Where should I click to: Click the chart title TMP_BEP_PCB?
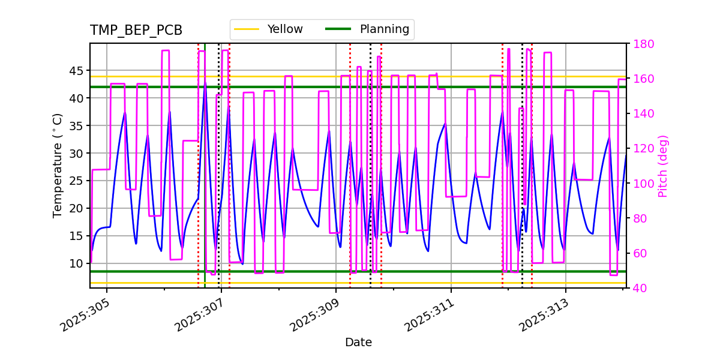pyautogui.click(x=136, y=31)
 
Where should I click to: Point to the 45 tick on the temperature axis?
pyautogui.click(x=77, y=71)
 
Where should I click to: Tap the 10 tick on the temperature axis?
pyautogui.click(x=77, y=263)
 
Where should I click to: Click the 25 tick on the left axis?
pyautogui.click(x=77, y=181)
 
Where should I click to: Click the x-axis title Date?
pyautogui.click(x=358, y=343)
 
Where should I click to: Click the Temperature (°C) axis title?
pyautogui.click(x=58, y=165)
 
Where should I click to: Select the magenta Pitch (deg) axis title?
pyautogui.click(x=662, y=166)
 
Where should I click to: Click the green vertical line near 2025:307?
pyautogui.click(x=205, y=180)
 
